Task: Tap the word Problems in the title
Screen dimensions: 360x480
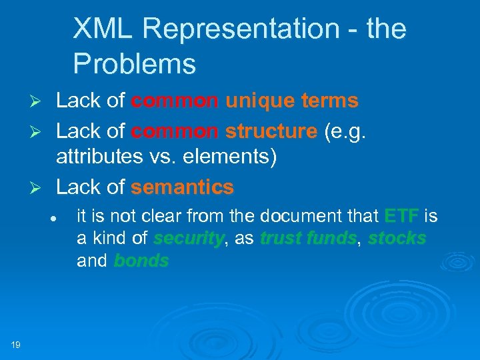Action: pos(134,64)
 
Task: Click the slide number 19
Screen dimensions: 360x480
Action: pos(15,344)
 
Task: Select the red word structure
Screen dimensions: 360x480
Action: pos(271,131)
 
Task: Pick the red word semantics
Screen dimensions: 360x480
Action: pos(182,187)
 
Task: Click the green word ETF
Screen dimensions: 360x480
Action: pos(402,216)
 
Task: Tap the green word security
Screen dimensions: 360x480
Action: pos(188,239)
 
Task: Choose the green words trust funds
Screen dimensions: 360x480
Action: pos(307,239)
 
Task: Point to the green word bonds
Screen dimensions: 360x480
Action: pos(141,261)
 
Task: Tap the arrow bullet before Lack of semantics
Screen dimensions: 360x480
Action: pos(39,189)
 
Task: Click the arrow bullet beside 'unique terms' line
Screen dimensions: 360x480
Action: pos(39,102)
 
